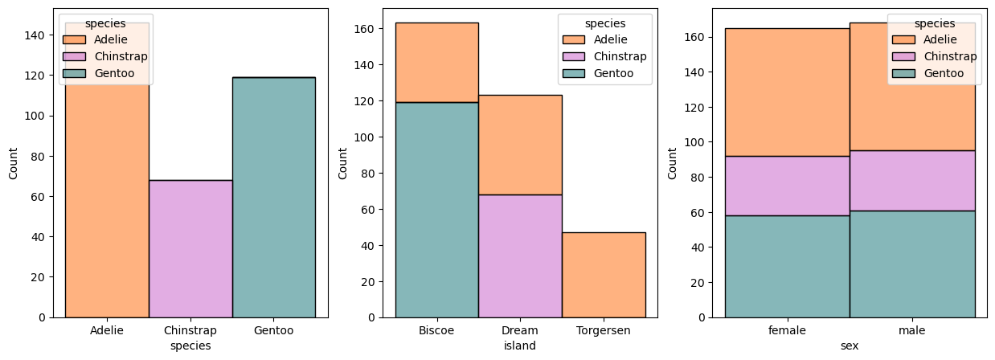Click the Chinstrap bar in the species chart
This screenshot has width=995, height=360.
(x=190, y=248)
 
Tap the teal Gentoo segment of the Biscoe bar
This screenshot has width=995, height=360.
(x=436, y=209)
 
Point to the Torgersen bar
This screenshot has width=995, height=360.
(x=604, y=274)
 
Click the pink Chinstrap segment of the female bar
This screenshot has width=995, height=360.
(x=787, y=186)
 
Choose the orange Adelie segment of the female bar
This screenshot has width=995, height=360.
(x=787, y=92)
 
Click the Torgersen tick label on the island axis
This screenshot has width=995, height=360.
(x=604, y=330)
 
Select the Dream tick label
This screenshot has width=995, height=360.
(x=520, y=330)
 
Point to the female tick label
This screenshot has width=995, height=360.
(x=787, y=330)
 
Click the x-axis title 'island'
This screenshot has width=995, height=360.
(x=520, y=346)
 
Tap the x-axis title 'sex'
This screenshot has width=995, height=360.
(x=850, y=346)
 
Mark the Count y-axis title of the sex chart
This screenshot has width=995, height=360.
(x=672, y=162)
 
